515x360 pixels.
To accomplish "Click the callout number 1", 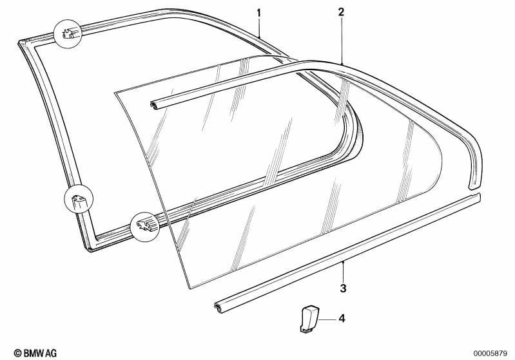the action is [x=259, y=14].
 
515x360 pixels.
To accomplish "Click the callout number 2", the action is [x=341, y=12].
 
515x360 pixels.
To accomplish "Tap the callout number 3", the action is [x=343, y=289].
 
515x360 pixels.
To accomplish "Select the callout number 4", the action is [x=342, y=318].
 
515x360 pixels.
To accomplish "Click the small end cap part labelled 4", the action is [x=309, y=319].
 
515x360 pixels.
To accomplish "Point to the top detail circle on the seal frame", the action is [x=68, y=33].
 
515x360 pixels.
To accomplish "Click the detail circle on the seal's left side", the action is [x=79, y=199].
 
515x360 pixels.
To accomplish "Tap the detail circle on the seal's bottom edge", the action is [x=145, y=227].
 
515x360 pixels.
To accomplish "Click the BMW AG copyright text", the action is [x=35, y=353].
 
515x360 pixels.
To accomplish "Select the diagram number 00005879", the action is [x=491, y=354].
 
